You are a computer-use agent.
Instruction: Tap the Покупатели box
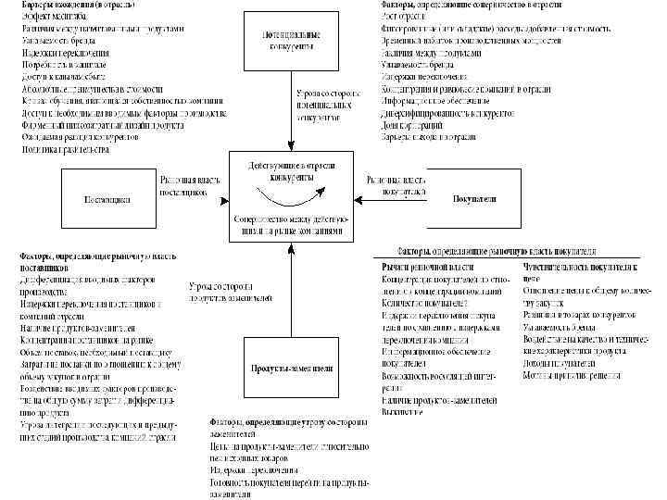coord(474,199)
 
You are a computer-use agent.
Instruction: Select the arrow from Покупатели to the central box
coord(390,199)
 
